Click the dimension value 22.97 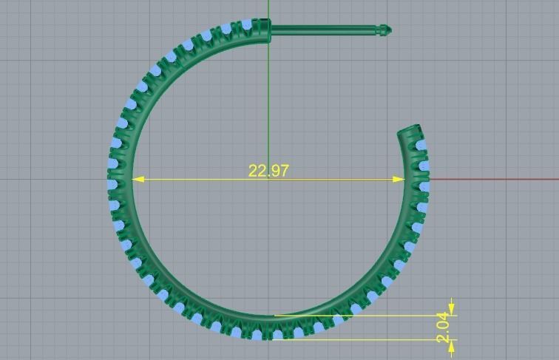tap(268, 171)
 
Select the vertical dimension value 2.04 tap(443, 327)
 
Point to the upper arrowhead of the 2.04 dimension tap(452, 308)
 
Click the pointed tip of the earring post tap(389, 30)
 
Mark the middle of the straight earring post tap(325, 30)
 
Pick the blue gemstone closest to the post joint tap(246, 25)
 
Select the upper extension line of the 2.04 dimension tap(370, 315)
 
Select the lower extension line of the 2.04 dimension tap(370, 339)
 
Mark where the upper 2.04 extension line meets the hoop tap(277, 315)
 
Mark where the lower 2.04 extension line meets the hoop tap(275, 339)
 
